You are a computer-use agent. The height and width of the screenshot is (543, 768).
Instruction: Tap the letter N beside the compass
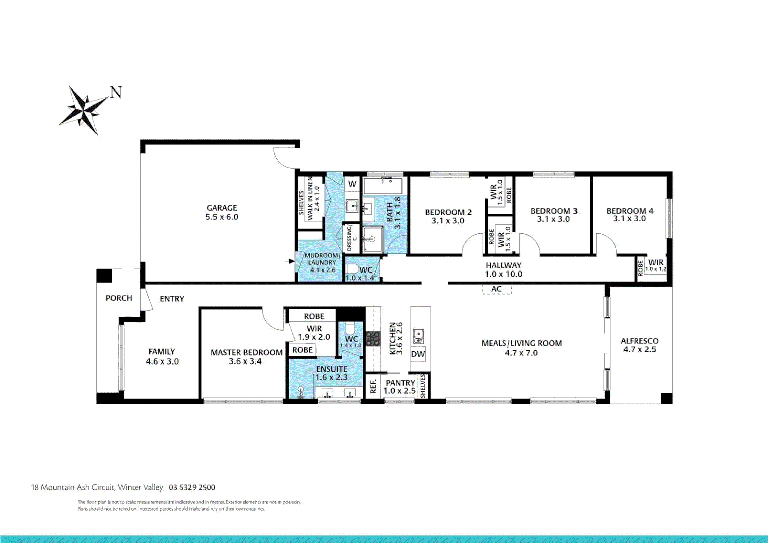pyautogui.click(x=116, y=93)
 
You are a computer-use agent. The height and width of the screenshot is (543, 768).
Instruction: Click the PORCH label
pyautogui.click(x=119, y=298)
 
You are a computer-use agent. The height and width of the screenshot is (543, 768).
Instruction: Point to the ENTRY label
pyautogui.click(x=172, y=299)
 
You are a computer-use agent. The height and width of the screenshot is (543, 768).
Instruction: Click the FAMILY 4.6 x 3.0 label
pyautogui.click(x=162, y=356)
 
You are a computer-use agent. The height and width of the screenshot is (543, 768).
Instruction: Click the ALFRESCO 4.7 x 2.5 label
pyautogui.click(x=640, y=345)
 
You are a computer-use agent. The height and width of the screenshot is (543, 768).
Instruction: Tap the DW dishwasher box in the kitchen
pyautogui.click(x=418, y=354)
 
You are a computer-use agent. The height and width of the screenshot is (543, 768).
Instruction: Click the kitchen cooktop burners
pyautogui.click(x=373, y=338)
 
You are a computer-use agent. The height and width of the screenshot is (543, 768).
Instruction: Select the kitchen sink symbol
pyautogui.click(x=418, y=336)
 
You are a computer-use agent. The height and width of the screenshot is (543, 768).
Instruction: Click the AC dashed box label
pyautogui.click(x=497, y=289)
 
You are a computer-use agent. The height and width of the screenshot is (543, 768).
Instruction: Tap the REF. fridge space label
pyautogui.click(x=373, y=386)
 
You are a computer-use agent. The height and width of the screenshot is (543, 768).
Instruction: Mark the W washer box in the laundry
pyautogui.click(x=352, y=184)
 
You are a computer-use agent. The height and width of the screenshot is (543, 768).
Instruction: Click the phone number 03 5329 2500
pyautogui.click(x=192, y=487)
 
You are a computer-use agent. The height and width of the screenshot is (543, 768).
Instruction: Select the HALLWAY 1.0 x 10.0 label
pyautogui.click(x=503, y=269)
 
